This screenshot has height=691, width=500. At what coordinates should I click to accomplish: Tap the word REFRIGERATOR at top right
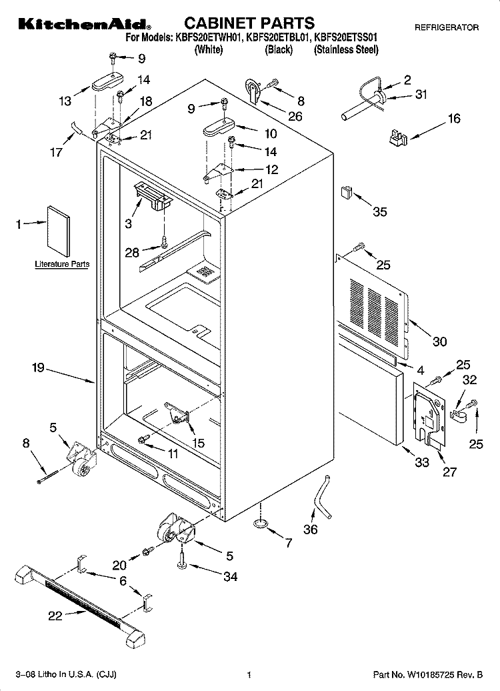(x=446, y=28)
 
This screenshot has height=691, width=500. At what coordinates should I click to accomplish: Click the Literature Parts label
(x=62, y=264)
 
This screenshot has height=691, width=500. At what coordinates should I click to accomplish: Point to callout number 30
(x=439, y=342)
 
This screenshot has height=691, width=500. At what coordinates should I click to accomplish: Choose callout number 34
(x=229, y=577)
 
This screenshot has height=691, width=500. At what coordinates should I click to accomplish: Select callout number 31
(x=421, y=95)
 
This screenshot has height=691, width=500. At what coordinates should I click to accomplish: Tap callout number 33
(x=422, y=462)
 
